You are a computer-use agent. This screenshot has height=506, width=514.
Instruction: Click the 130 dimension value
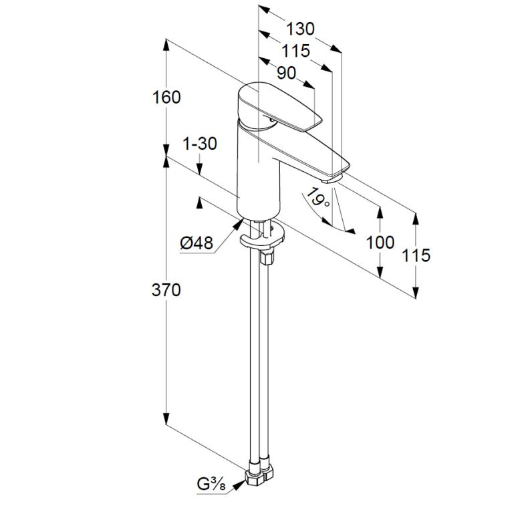300,29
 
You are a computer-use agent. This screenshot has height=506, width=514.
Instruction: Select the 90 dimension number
286,73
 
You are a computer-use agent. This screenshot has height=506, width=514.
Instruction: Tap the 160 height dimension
166,98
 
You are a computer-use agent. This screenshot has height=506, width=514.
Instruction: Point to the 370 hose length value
166,290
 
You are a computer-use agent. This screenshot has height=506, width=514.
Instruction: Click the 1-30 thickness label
200,144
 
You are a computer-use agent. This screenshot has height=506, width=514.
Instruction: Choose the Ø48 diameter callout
197,243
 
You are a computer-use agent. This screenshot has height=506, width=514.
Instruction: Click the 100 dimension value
380,243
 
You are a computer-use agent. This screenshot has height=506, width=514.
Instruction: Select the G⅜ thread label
211,485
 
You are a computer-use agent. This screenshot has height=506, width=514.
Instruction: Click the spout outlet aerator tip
332,179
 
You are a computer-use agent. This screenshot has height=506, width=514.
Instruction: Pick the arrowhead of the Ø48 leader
238,224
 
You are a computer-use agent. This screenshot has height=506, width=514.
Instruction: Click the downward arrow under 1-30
199,169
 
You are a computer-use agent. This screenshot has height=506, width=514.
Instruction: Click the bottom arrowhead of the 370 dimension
166,419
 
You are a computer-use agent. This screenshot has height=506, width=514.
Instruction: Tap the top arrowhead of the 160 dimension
166,45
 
